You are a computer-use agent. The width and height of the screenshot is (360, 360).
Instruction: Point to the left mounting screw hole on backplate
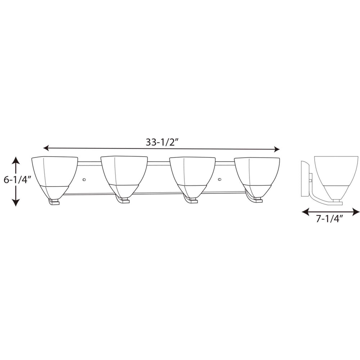point(84,179)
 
